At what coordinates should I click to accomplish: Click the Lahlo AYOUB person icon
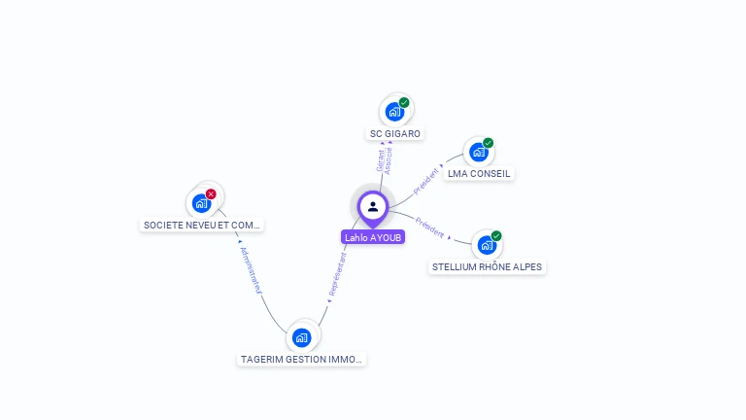373,206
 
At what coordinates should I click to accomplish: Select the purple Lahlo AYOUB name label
373,237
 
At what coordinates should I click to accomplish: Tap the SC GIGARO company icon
394,111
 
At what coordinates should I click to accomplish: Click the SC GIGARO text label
396,133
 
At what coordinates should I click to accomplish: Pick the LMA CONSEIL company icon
478,152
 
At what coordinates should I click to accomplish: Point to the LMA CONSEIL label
479,174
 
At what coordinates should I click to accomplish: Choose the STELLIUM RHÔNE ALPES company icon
486,244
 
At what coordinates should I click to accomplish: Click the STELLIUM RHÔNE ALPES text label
488,267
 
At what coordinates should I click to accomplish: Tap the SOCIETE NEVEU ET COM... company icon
201,203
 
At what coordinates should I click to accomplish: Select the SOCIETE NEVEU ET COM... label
202,225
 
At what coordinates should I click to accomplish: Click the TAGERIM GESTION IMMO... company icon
302,337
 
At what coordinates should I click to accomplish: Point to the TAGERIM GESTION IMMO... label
302,359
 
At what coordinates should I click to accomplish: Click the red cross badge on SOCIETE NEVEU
211,194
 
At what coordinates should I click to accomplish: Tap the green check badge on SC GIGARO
404,102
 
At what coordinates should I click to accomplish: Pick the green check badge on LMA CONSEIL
488,143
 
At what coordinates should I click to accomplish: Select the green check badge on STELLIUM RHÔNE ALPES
495,235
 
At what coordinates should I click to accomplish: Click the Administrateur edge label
251,269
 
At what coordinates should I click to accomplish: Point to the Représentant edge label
336,273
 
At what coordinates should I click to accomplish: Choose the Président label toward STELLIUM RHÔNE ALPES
429,227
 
